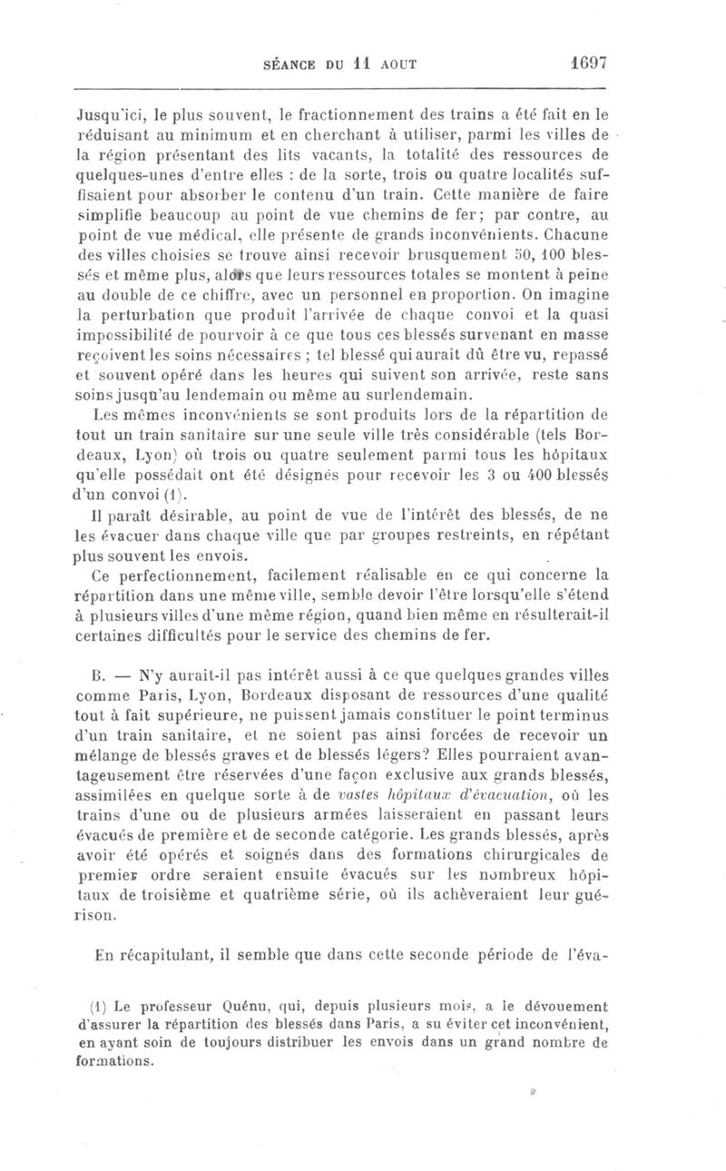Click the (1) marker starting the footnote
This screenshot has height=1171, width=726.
pos(103,1005)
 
